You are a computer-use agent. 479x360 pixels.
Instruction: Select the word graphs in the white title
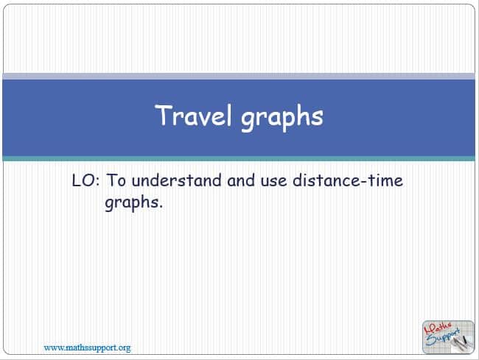coord(282,118)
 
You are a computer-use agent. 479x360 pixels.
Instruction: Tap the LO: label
coord(85,180)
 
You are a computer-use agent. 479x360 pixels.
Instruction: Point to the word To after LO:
coord(116,180)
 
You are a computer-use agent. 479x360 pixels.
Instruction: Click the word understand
coord(177,180)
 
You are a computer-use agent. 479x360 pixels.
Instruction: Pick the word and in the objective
coord(241,180)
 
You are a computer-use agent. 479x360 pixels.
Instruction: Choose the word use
coord(273,182)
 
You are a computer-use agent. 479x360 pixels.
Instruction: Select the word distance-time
coord(348,180)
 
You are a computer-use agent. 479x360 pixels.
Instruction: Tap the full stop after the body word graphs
coord(161,208)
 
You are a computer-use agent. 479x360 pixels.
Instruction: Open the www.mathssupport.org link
coord(87,347)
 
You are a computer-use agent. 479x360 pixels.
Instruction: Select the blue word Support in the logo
coord(443,337)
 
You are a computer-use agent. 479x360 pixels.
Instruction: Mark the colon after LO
coord(97,182)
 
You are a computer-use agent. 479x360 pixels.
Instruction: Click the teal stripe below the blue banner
coord(239,158)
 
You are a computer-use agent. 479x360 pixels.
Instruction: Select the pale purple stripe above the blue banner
coord(239,77)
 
